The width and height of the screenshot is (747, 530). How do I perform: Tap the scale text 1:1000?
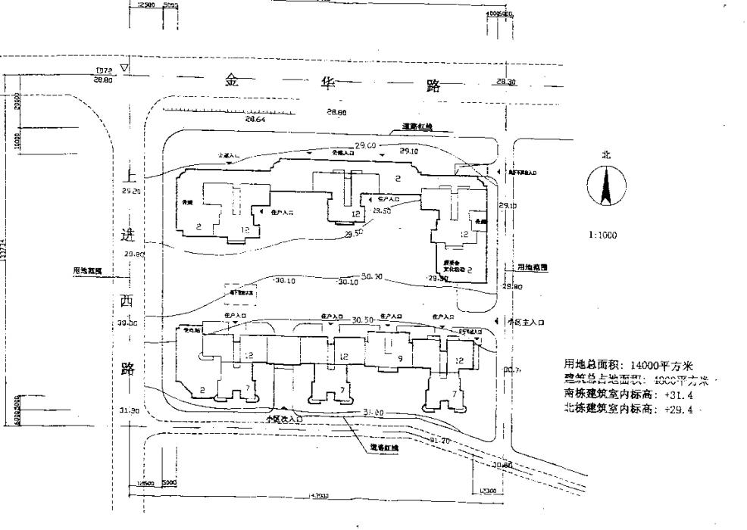pos(603,235)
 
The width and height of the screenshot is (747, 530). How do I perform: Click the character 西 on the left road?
pos(127,301)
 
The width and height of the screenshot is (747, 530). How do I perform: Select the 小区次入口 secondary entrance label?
pos(284,417)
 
